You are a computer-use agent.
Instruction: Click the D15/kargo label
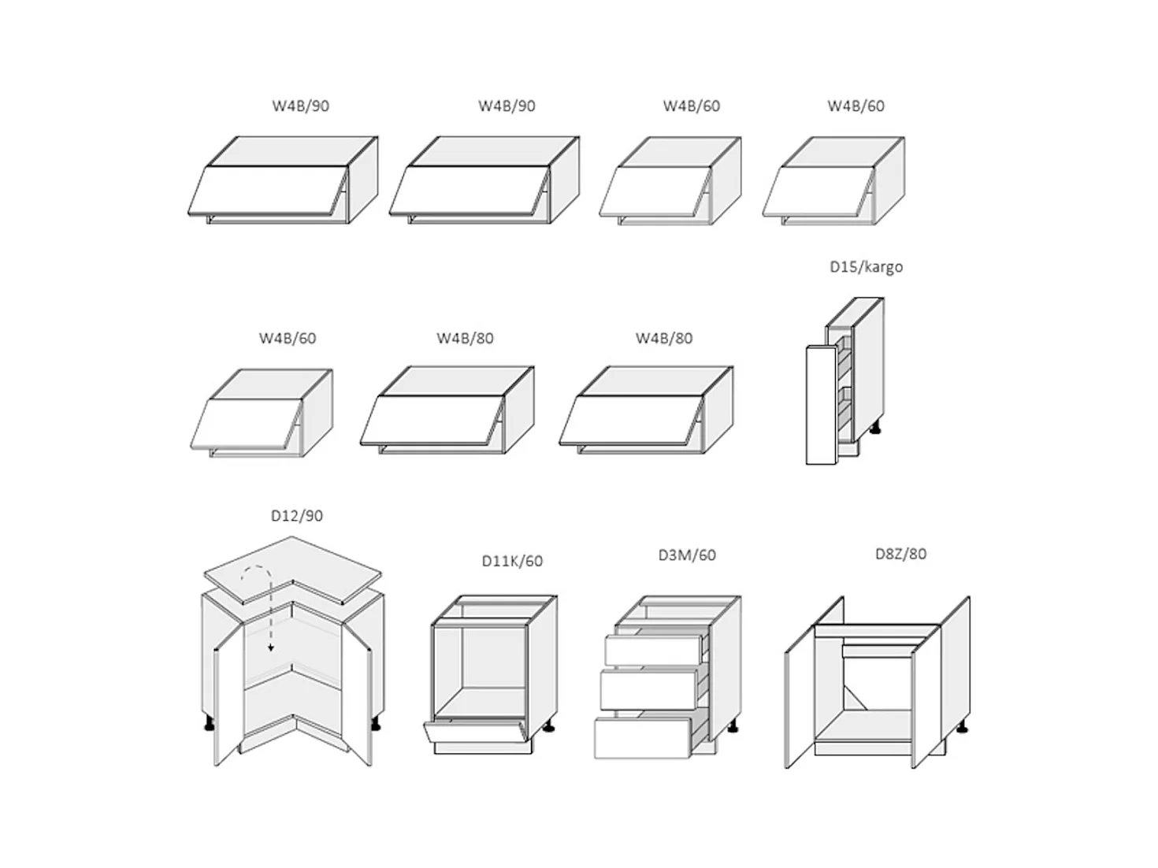click(x=866, y=267)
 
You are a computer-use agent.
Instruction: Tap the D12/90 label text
click(x=296, y=516)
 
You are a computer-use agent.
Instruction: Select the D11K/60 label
click(x=512, y=561)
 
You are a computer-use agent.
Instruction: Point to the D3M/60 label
click(x=687, y=555)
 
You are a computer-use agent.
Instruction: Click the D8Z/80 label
click(x=900, y=554)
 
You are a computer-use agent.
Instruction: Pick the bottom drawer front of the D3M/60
click(x=642, y=739)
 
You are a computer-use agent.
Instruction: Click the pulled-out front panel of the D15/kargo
click(x=820, y=406)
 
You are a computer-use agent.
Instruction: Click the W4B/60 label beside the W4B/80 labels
click(x=288, y=339)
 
